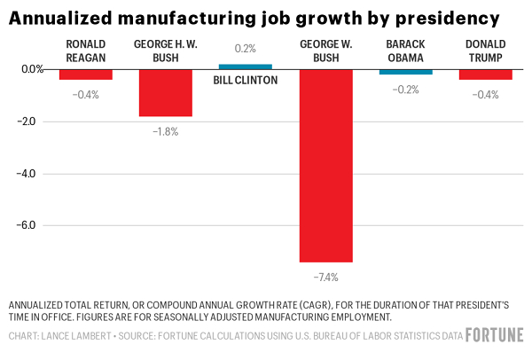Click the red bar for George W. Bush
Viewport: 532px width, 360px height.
(325, 165)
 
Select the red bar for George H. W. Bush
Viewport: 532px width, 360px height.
(166, 92)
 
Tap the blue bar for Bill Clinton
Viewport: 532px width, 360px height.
(246, 67)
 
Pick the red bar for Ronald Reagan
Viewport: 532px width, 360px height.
(86, 74)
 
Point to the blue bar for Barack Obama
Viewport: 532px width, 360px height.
(405, 72)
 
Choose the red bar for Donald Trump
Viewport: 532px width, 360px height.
(485, 74)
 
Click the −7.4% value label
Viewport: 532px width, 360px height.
(325, 277)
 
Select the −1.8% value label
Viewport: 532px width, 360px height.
(166, 131)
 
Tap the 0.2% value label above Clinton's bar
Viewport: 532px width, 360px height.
(246, 50)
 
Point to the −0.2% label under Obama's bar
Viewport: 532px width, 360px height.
(405, 90)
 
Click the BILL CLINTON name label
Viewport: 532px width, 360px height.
(246, 80)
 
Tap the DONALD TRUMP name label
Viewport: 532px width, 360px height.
(485, 51)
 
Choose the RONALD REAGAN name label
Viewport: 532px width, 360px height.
(86, 51)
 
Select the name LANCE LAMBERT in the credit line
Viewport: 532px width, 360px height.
(76, 336)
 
